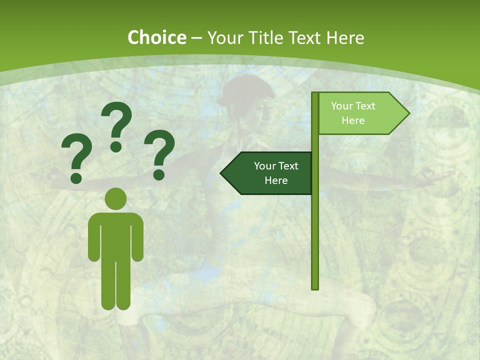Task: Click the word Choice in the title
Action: pyautogui.click(x=156, y=37)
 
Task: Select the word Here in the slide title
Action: pyautogui.click(x=345, y=37)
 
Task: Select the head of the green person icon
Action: pyautogui.click(x=115, y=198)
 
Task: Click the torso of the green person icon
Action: pyautogui.click(x=115, y=235)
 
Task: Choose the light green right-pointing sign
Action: pyautogui.click(x=357, y=113)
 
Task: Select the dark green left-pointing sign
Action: pyautogui.click(x=270, y=173)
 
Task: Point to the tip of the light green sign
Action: pyautogui.click(x=408, y=113)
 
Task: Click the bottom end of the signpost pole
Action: pyautogui.click(x=315, y=287)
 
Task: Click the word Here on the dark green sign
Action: pyautogui.click(x=276, y=180)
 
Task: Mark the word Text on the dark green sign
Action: pyautogui.click(x=288, y=166)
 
